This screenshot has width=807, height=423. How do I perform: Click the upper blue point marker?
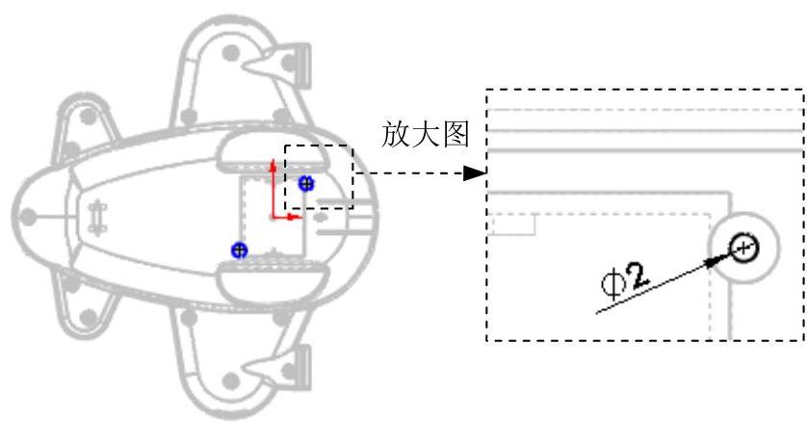pos(306,183)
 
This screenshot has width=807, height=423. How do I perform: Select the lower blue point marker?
pos(239,251)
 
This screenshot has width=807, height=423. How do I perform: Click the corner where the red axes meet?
pos(273,217)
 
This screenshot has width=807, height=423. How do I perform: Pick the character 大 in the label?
pos(426,135)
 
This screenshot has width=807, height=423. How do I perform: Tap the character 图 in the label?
pos(456,135)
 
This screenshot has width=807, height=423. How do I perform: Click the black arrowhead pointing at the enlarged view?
pos(472,174)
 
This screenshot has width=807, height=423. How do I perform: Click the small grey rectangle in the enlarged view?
pos(511,225)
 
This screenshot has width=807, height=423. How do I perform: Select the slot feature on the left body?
pos(96,216)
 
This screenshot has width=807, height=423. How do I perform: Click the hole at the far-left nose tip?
pos(28,216)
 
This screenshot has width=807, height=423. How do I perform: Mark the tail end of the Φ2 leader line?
pos(598,312)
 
